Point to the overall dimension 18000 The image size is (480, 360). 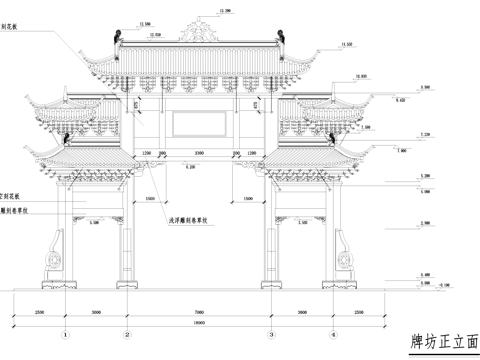point(199,323)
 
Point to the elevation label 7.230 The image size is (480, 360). point(425,134)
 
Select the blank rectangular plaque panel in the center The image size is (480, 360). point(200,124)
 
